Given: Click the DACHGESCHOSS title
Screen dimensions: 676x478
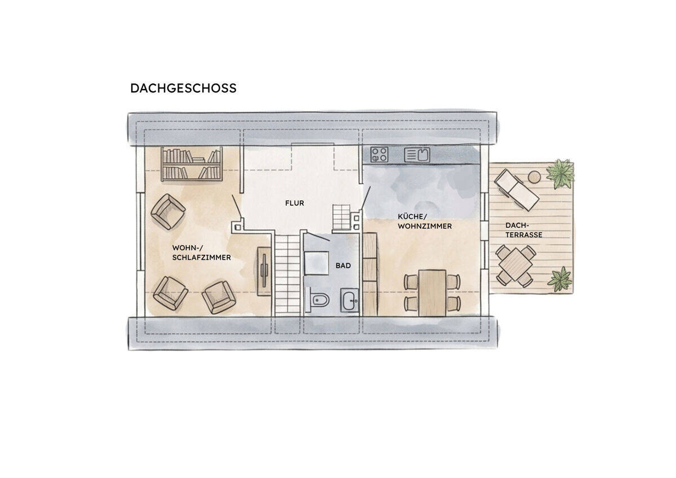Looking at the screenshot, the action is pos(183,88).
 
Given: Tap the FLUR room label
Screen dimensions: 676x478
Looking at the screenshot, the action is pos(295,203).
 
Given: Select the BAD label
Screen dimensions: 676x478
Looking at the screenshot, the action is pos(343,265).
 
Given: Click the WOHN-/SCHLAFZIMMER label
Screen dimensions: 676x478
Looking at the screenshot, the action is pos(201,253).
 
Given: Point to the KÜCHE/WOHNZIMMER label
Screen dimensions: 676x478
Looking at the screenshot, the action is pos(425,222).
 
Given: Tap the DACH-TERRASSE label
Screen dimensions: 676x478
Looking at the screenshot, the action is pos(523,230).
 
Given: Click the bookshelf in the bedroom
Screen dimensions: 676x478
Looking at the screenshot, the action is pos(192,164).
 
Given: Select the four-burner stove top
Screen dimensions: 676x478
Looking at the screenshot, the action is pos(379,154).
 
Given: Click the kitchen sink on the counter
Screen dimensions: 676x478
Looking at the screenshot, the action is pos(417,155).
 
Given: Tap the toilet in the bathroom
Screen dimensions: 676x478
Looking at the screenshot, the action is pos(318,300).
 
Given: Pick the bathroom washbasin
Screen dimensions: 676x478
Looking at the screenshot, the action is pos(349,300).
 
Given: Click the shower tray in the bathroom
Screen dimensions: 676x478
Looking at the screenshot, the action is pos(316,263).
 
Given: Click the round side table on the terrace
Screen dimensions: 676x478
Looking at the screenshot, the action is pos(534,177).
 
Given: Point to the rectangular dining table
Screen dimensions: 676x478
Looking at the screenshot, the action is pos(432,293).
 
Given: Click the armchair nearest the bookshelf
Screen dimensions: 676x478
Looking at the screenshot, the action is pos(168,212).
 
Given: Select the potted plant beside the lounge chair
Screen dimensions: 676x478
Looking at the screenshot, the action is pos(560,174).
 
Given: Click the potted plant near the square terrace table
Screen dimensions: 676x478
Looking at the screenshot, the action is pos(560,280).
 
